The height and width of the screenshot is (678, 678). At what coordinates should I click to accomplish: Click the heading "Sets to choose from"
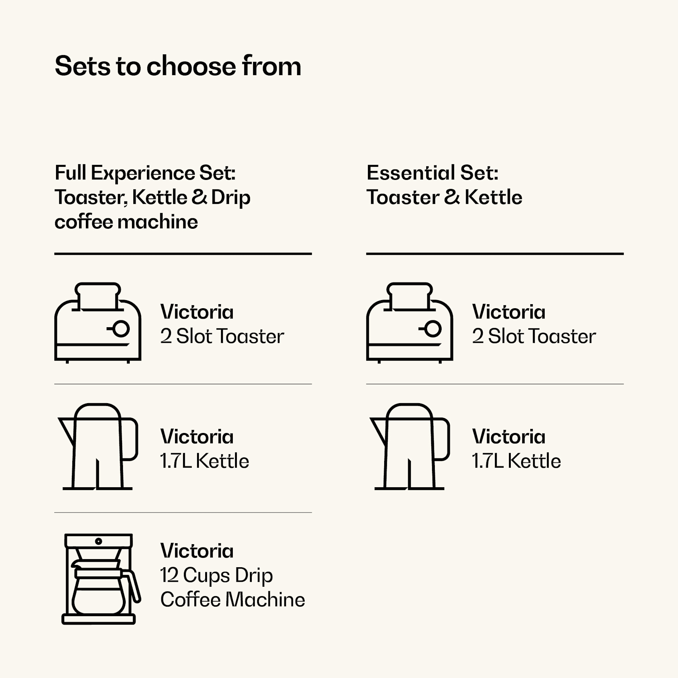click(178, 66)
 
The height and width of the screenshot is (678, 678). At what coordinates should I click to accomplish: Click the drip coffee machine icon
click(99, 579)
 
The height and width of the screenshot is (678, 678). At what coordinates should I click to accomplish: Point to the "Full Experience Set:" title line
click(145, 173)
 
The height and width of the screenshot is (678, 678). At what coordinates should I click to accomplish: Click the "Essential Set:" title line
click(432, 173)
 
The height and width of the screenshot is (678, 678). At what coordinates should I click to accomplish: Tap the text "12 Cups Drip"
click(217, 575)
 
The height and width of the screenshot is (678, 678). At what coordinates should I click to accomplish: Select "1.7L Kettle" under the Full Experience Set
click(204, 461)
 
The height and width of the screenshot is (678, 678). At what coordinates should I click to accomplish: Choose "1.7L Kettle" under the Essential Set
click(516, 461)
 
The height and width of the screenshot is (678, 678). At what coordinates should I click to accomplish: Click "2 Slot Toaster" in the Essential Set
click(534, 336)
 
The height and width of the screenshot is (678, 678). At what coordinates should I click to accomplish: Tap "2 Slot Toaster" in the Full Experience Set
click(222, 336)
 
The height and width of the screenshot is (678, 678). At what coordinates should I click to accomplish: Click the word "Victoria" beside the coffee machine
click(197, 551)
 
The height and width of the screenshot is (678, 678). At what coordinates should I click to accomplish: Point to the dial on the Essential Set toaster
click(433, 329)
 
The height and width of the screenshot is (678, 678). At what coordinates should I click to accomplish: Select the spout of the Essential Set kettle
click(379, 429)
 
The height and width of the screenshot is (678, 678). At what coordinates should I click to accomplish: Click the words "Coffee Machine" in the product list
click(232, 600)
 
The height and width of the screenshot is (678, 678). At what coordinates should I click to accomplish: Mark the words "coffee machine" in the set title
click(126, 222)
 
